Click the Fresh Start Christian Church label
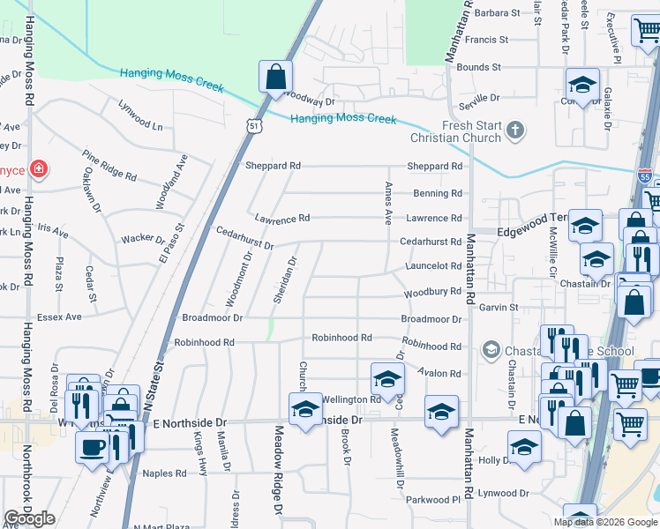456,131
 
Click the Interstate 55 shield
645,175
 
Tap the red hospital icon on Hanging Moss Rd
39,169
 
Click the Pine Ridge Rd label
109,166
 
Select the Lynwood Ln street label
141,115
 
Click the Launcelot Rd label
433,266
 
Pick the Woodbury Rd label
432,292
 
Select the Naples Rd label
165,473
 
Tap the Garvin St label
499,307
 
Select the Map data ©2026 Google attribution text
605,522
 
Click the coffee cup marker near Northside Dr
93,446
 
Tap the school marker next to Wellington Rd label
387,379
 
